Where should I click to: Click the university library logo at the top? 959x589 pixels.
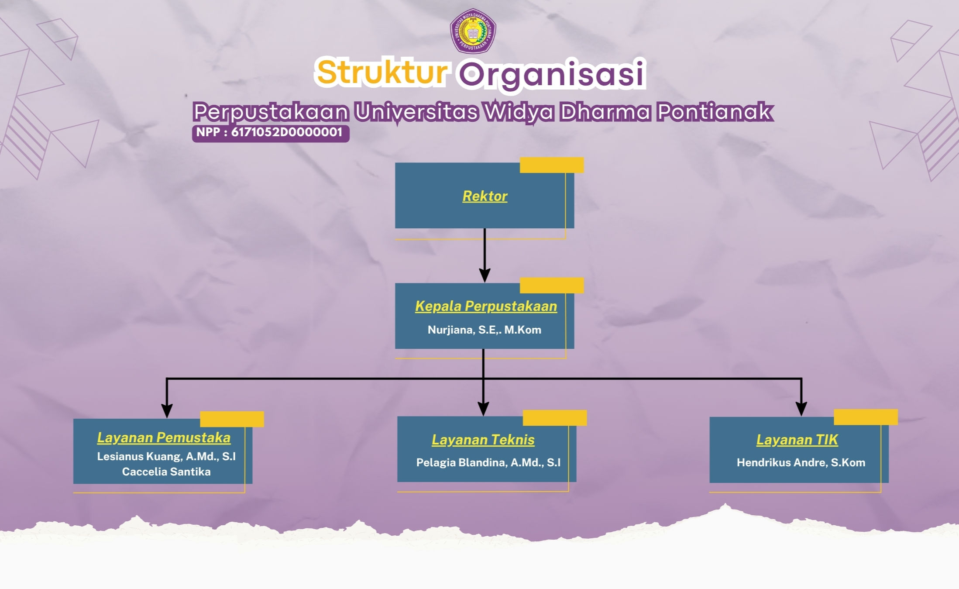point(473,31)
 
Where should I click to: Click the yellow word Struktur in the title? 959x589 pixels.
point(382,72)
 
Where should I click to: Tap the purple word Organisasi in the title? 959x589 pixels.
point(552,74)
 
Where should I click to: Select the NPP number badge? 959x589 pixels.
point(270,133)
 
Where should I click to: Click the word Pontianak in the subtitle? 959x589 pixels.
point(715,112)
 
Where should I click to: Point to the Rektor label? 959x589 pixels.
point(485,196)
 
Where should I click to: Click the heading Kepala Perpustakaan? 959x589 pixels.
point(486,306)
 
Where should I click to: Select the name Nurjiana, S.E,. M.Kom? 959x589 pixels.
point(484,330)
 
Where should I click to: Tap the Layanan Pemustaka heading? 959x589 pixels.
point(164,437)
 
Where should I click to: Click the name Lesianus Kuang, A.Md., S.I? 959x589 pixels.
point(166,456)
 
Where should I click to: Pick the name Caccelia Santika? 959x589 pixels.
point(166,472)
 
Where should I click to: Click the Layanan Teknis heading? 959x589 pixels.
point(483,440)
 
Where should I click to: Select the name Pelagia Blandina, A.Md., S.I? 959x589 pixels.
point(488,462)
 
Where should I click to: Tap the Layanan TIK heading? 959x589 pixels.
point(797,440)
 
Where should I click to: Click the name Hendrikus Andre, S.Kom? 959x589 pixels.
point(801,462)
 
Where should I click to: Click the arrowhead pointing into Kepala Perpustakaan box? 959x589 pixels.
point(485,276)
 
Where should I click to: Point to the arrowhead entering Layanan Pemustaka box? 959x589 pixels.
point(167,410)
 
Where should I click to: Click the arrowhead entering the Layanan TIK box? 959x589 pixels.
point(801,409)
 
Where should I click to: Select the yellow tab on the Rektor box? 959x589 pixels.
point(551,165)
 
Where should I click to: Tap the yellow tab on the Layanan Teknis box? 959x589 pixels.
point(554,417)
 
